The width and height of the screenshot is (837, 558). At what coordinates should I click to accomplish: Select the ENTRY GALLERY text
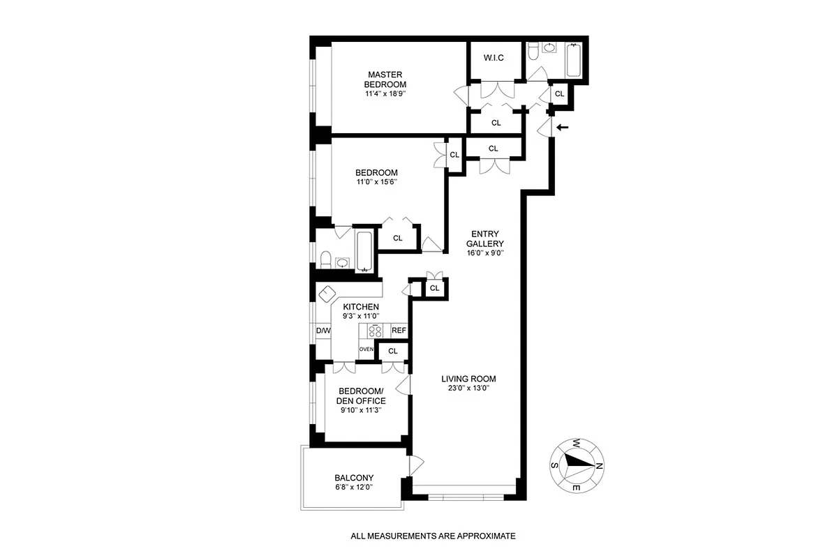[487, 239]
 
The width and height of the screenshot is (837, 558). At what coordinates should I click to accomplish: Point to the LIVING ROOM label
[468, 379]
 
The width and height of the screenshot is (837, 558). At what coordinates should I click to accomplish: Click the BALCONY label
[354, 478]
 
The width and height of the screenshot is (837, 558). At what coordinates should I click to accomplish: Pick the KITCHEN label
[361, 307]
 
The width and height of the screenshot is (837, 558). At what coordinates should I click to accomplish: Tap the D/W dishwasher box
[323, 331]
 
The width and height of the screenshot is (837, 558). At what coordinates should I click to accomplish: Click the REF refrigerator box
[399, 331]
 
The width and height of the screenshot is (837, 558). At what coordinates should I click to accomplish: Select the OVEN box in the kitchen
[366, 349]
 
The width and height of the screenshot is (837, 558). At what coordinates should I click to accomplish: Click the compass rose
[577, 465]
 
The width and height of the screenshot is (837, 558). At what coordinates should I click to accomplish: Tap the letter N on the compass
[600, 467]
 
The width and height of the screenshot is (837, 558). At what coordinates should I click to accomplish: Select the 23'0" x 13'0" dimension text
[468, 389]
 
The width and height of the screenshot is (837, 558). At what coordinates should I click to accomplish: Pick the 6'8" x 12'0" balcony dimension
[354, 488]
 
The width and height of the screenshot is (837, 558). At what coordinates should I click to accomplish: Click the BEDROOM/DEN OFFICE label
[362, 395]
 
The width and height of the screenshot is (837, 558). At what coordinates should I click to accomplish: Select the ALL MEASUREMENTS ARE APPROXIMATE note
[433, 536]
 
